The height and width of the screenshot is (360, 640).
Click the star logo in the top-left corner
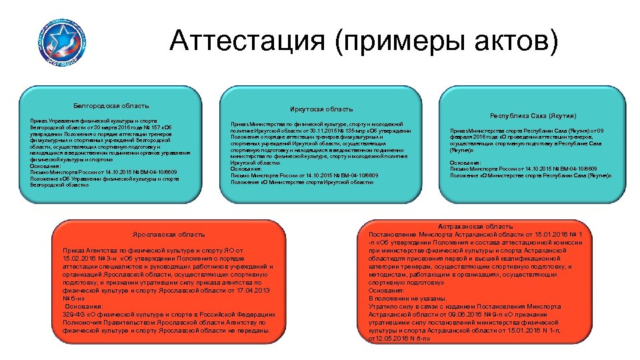61,40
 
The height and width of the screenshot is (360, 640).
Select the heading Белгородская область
111,105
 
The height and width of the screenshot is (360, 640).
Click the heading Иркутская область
322,109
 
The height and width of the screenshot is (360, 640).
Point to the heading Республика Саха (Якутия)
533,115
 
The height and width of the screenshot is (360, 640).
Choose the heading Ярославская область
168,234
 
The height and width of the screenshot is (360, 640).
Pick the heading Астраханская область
475,227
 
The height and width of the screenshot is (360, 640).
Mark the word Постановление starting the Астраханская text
393,235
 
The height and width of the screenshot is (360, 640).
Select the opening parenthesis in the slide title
340,43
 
